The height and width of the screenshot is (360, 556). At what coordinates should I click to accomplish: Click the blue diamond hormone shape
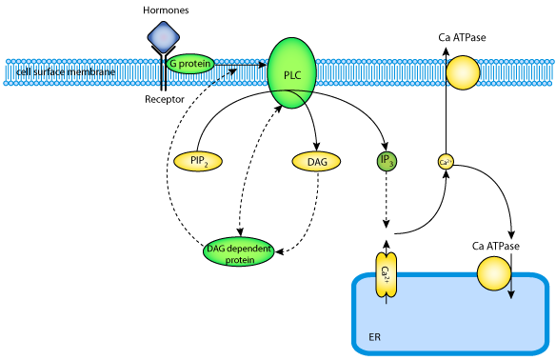pyautogui.click(x=164, y=37)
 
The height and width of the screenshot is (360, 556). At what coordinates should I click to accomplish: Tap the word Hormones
pyautogui.click(x=166, y=10)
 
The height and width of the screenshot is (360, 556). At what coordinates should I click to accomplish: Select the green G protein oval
pyautogui.click(x=190, y=64)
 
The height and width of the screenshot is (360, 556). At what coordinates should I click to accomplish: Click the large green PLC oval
pyautogui.click(x=291, y=73)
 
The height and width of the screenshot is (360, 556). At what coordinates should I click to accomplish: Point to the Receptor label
pyautogui.click(x=165, y=99)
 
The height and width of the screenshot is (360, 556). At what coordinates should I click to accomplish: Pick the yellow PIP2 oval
pyautogui.click(x=198, y=161)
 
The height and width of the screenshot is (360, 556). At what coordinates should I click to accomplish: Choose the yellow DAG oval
pyautogui.click(x=316, y=162)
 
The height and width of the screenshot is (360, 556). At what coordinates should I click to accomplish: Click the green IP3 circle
pyautogui.click(x=387, y=161)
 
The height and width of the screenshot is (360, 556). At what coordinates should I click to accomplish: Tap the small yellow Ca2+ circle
pyautogui.click(x=446, y=162)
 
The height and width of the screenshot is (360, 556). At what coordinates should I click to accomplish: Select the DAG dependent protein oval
pyautogui.click(x=239, y=252)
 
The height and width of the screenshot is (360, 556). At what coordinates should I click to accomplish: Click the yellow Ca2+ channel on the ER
pyautogui.click(x=387, y=275)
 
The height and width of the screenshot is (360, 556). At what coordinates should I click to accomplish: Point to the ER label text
pyautogui.click(x=374, y=337)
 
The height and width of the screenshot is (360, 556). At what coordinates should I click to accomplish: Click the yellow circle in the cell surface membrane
pyautogui.click(x=463, y=72)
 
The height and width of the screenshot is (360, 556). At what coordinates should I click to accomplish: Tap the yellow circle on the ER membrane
pyautogui.click(x=494, y=274)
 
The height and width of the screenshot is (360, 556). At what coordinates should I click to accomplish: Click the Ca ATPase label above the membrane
pyautogui.click(x=462, y=37)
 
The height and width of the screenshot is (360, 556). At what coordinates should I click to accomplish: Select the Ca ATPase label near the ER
pyautogui.click(x=495, y=246)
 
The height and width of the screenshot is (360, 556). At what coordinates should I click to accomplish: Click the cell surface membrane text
pyautogui.click(x=66, y=72)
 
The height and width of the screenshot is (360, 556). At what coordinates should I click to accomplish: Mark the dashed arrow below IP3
pyautogui.click(x=387, y=200)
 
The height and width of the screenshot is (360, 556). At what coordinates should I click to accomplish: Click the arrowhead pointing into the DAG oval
pyautogui.click(x=317, y=147)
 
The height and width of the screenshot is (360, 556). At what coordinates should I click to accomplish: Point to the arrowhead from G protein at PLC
pyautogui.click(x=263, y=65)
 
